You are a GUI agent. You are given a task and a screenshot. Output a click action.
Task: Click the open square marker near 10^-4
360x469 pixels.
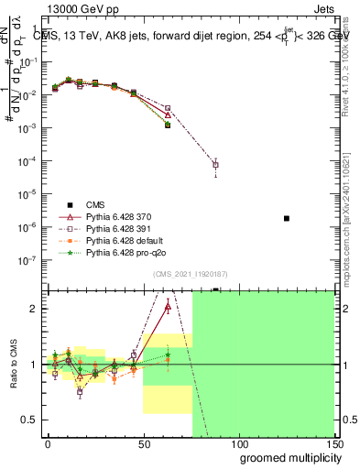(x=215, y=165)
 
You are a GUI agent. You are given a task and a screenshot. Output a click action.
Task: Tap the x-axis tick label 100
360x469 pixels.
(x=238, y=442)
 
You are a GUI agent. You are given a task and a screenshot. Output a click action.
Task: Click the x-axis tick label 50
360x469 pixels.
(x=143, y=442)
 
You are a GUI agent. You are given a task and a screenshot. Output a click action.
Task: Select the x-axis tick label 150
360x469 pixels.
(x=333, y=442)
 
